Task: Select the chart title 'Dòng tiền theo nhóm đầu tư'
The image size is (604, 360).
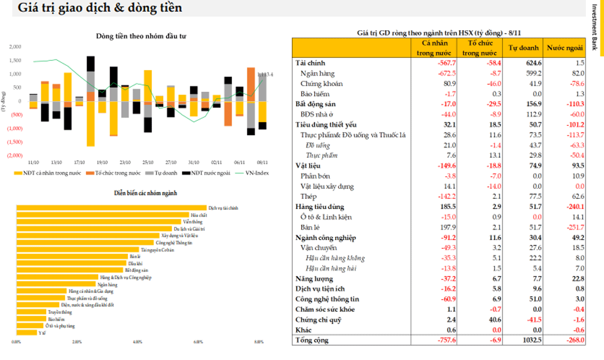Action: [141, 36]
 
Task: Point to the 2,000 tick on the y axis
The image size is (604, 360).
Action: [15, 46]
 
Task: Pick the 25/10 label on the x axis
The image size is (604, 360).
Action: [148, 163]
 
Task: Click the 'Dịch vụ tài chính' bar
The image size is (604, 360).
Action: [111, 207]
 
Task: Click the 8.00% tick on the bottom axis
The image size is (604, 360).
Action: [259, 342]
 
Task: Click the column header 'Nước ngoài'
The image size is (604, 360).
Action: [565, 48]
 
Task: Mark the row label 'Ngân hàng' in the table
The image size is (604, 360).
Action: [318, 74]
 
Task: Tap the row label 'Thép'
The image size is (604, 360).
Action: [309, 196]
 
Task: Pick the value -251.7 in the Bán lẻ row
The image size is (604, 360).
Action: [573, 228]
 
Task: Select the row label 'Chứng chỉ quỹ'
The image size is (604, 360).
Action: [318, 320]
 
